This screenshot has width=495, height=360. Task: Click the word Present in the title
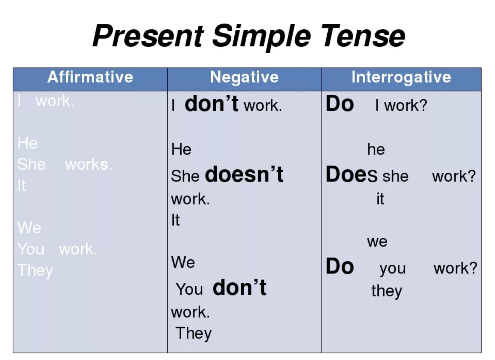147,36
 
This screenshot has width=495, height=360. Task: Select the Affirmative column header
90,77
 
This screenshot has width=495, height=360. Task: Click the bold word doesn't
244,174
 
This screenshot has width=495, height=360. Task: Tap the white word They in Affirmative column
35,270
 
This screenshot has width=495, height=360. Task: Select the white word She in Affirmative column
31,165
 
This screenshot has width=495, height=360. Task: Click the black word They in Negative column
193,333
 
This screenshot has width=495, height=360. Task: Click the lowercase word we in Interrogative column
377,242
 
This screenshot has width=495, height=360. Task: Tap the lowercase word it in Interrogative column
380,199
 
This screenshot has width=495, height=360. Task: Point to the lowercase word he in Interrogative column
376,149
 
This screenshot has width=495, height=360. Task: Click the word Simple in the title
261,38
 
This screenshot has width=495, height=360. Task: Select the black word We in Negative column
183,263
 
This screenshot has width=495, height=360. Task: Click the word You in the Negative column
189,289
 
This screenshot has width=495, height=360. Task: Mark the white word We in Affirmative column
29,228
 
